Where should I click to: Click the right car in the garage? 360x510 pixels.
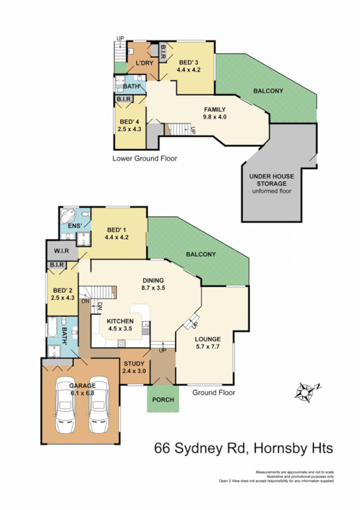click(97, 407)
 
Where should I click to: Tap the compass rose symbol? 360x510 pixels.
click(307, 392)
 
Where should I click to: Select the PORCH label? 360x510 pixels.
click(163, 401)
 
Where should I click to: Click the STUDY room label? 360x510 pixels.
click(135, 367)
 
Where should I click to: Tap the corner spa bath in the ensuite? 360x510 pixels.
click(67, 215)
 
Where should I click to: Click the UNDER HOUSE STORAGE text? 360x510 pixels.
click(272, 180)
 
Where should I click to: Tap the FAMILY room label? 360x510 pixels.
click(215, 112)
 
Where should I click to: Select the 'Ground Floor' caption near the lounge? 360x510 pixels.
click(213, 392)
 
